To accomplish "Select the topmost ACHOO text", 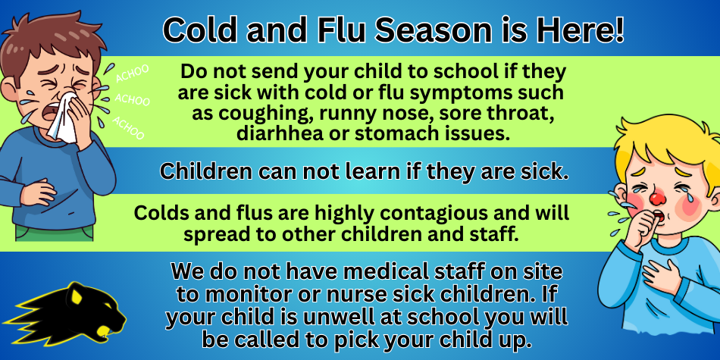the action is pos(132,74).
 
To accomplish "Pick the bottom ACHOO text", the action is pos(129,127).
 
